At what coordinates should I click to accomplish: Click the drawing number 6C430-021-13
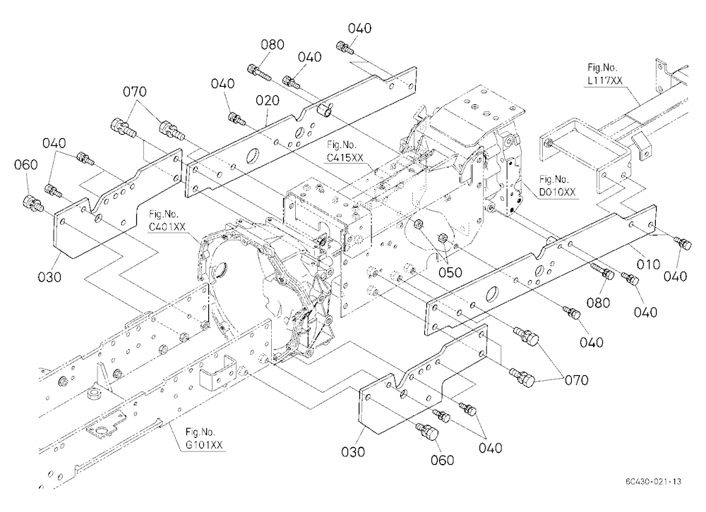click(653, 482)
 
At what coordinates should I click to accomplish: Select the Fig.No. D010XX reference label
click(557, 185)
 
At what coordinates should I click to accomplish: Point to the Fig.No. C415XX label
click(345, 151)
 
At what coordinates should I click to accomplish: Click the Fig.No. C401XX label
click(167, 220)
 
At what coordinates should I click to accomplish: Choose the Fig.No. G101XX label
click(203, 438)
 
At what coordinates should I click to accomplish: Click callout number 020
click(268, 100)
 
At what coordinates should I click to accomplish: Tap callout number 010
click(648, 264)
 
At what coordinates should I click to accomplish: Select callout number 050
click(450, 273)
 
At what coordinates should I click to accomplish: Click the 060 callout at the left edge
click(25, 165)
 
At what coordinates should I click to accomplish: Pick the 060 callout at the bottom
click(442, 461)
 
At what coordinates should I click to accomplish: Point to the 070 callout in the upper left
click(135, 92)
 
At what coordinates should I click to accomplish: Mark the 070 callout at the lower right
click(576, 381)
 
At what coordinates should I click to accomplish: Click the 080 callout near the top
click(273, 44)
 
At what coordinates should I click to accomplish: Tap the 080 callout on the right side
click(598, 303)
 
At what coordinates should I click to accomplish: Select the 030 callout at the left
click(49, 277)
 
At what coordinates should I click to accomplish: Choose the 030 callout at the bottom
click(353, 452)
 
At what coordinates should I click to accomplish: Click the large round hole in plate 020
click(253, 156)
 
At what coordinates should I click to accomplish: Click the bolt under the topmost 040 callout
click(344, 47)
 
